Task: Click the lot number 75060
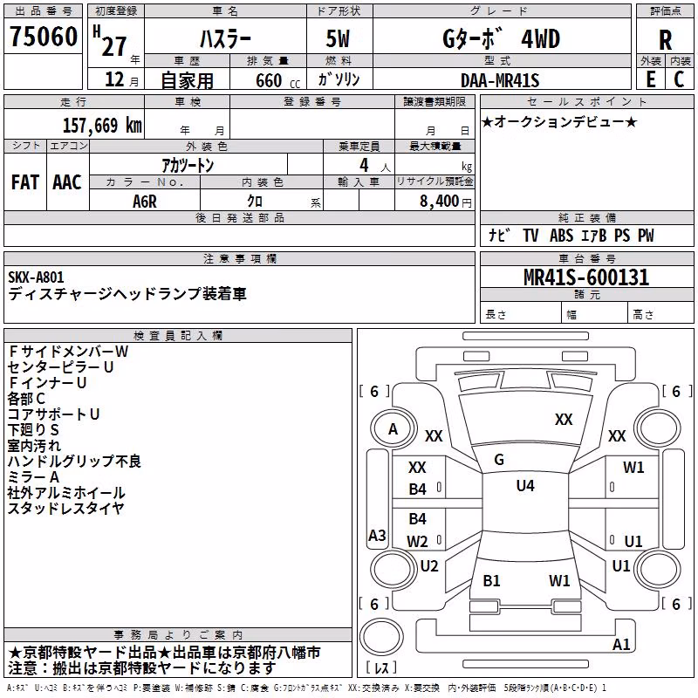coord(44,36)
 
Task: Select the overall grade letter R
coord(665,40)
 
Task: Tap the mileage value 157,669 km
coord(102,126)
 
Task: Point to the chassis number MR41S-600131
coord(586,277)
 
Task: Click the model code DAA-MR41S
coord(500,80)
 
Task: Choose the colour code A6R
coord(145,202)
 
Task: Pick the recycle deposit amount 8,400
coord(439,201)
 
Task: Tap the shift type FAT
coord(25,182)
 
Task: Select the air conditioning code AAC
coord(67,182)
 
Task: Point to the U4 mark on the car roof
coord(525,486)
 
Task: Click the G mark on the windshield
coord(499,460)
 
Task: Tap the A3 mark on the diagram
coord(377,535)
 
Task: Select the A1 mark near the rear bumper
coord(621,644)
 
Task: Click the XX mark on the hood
coord(564,420)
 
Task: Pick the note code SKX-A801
coord(36,277)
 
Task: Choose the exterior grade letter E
coord(651,79)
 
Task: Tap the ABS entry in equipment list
coord(561,236)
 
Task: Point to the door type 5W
coord(338,38)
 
